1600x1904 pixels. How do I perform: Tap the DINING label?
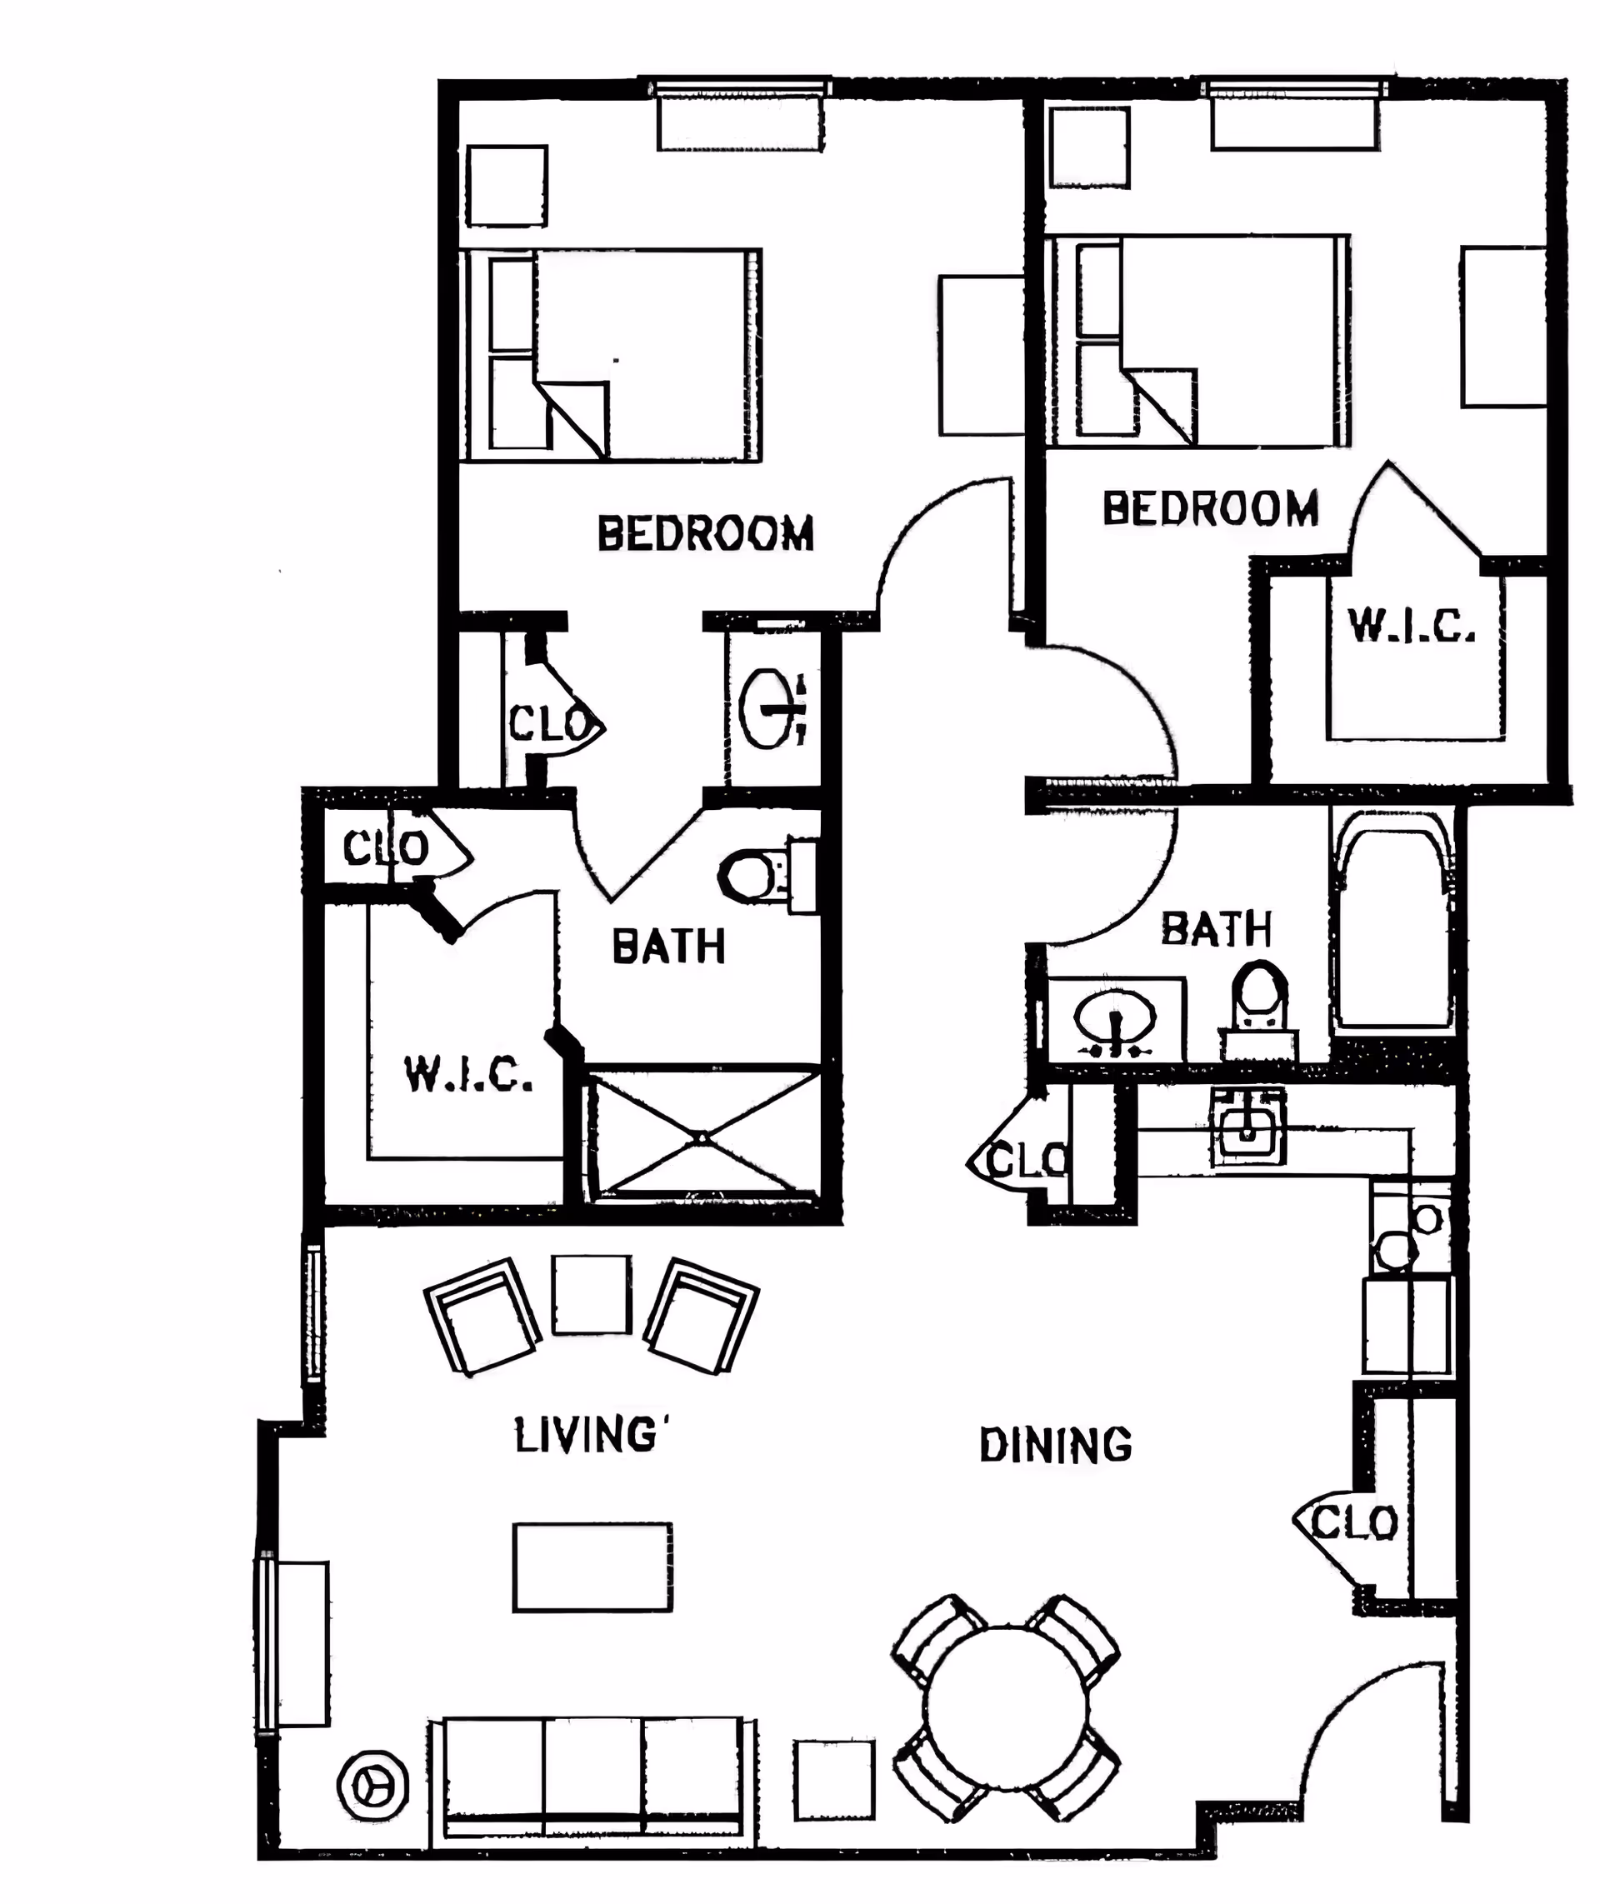pos(1056,1445)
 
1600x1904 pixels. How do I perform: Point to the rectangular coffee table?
pos(592,1567)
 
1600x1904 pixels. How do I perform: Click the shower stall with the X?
pos(701,1135)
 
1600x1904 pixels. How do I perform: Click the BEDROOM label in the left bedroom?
pos(705,533)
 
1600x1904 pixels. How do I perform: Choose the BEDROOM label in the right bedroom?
pos(1210,508)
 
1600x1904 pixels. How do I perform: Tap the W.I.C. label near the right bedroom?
pos(1412,625)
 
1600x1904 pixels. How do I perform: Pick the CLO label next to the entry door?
pos(1354,1523)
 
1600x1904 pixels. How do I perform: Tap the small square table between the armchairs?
pos(592,1294)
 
